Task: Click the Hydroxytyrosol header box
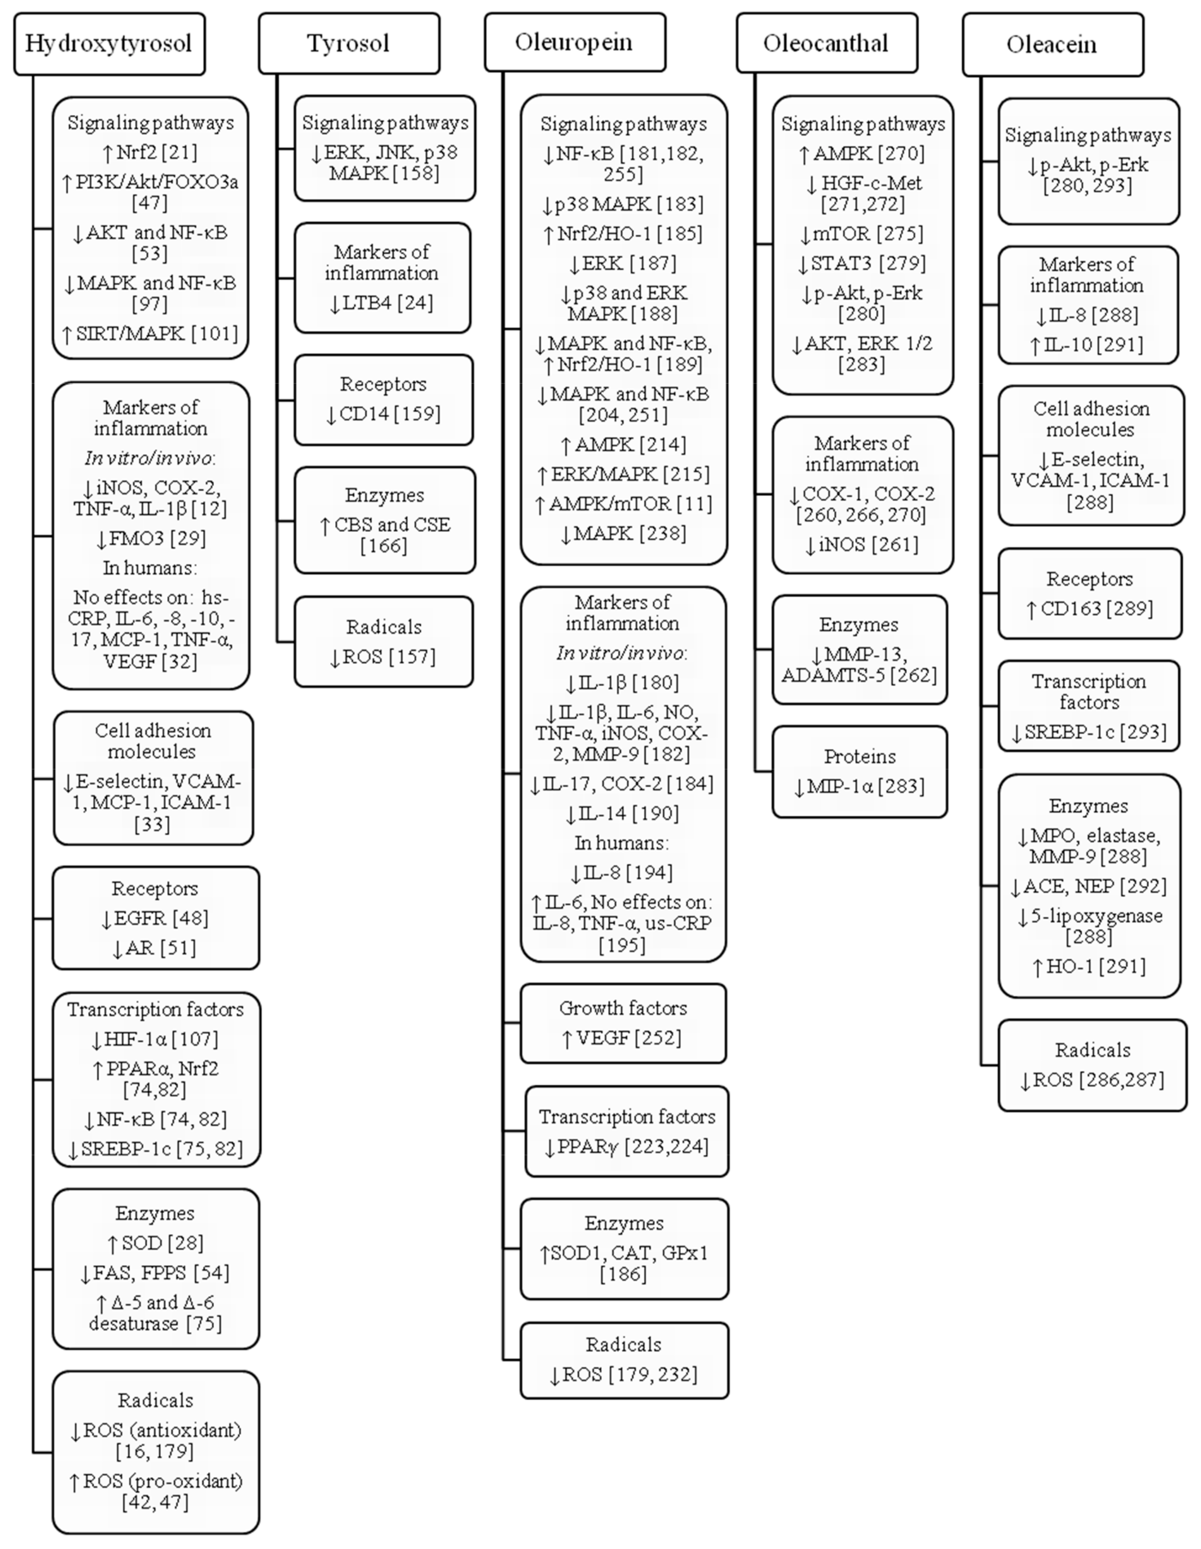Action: [109, 43]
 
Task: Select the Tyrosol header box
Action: [348, 43]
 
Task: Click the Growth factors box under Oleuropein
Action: [623, 1023]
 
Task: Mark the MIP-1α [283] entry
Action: [859, 786]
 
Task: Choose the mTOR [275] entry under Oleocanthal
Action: [861, 233]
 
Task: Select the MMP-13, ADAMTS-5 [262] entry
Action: [859, 664]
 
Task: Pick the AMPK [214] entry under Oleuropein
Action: [623, 445]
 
